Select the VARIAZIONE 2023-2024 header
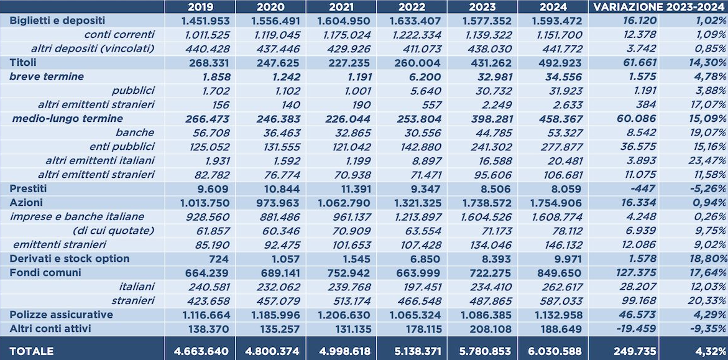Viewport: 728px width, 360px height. tap(658, 7)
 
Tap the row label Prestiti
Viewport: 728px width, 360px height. tap(29, 188)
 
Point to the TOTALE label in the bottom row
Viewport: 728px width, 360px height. tap(32, 351)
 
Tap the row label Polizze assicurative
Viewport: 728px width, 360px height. tap(61, 315)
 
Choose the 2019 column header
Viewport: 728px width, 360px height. tap(200, 7)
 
